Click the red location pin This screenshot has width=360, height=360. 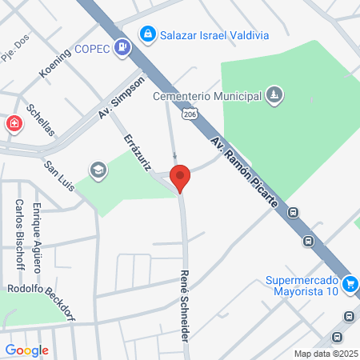pyautogui.click(x=180, y=178)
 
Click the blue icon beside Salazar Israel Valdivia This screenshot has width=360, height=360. pyautogui.click(x=146, y=34)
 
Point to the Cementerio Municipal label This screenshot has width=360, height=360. pyautogui.click(x=208, y=96)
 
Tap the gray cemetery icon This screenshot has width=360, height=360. pyautogui.click(x=274, y=96)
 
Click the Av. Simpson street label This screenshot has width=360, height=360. pyautogui.click(x=122, y=98)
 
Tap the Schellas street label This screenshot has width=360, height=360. pyautogui.click(x=39, y=119)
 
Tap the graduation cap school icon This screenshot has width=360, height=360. pyautogui.click(x=98, y=170)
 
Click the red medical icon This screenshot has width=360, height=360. pyautogui.click(x=14, y=124)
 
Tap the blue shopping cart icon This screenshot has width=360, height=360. pyautogui.click(x=349, y=283)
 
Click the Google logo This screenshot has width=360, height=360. pyautogui.click(x=26, y=350)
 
